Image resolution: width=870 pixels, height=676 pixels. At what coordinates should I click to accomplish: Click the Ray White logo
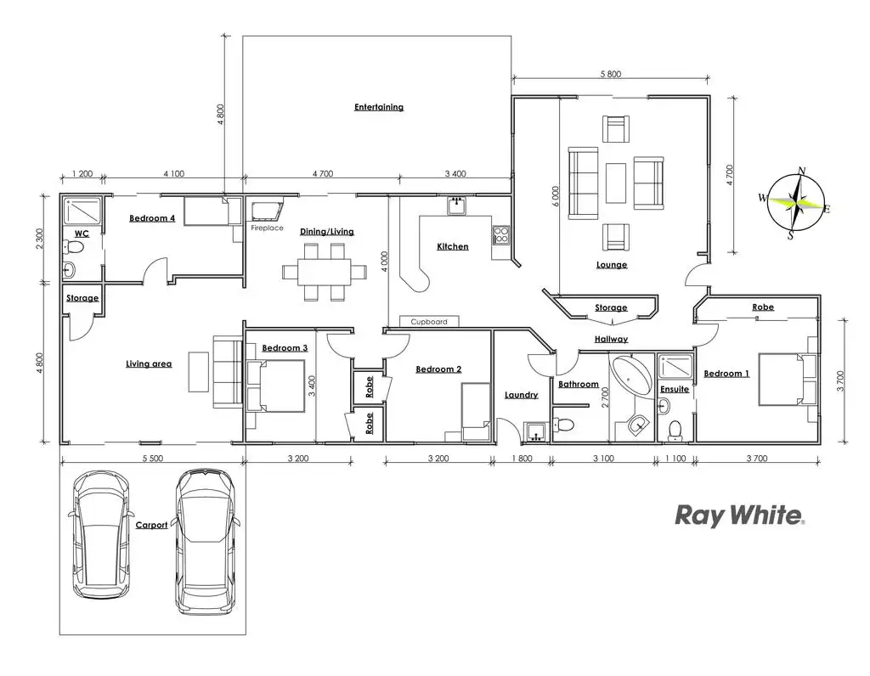(x=738, y=515)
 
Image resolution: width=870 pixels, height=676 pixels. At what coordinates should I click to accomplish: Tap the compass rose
(x=798, y=203)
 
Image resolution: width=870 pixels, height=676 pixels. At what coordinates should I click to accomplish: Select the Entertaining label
(x=379, y=107)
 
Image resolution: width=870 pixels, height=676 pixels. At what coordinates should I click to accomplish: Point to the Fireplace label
(x=267, y=228)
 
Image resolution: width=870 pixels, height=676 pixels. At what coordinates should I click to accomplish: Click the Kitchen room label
(x=453, y=246)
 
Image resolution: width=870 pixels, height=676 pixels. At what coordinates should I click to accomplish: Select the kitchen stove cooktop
(x=500, y=233)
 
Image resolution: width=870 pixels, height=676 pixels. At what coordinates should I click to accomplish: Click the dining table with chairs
(x=326, y=272)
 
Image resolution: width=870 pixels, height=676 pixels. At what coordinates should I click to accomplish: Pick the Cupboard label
(x=429, y=322)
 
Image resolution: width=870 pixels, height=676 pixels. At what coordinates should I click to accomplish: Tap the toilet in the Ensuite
(x=676, y=428)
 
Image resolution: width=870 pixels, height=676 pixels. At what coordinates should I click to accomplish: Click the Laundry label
(x=521, y=395)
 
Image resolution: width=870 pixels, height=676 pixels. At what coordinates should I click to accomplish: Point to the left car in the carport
(x=101, y=533)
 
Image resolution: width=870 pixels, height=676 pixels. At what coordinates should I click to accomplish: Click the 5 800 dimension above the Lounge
(x=610, y=75)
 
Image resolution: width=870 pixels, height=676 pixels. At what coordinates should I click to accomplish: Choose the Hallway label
(x=611, y=339)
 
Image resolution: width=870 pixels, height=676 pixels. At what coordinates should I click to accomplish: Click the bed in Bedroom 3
(x=275, y=385)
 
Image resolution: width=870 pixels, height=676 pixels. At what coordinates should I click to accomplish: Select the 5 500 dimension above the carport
(x=152, y=459)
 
